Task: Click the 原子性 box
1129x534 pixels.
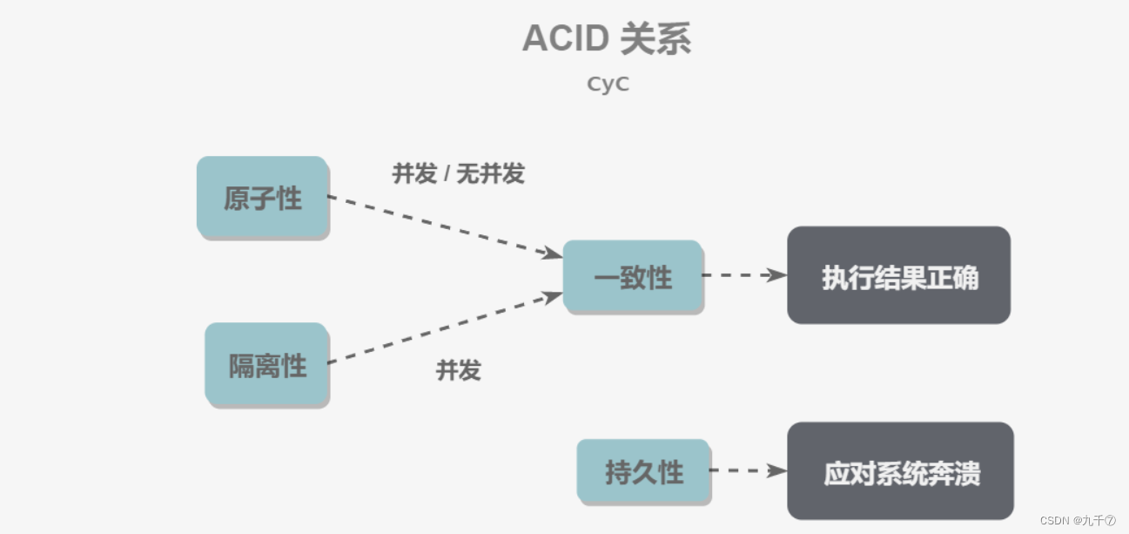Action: point(262,198)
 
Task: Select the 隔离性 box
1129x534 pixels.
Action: point(266,364)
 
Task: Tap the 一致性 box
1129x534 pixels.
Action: point(633,277)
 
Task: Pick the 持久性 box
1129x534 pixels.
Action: point(643,472)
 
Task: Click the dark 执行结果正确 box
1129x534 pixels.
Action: point(898,276)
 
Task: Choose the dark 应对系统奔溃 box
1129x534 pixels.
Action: point(900,472)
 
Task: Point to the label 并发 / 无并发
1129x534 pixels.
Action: point(458,173)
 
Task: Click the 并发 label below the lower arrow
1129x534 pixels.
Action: point(458,370)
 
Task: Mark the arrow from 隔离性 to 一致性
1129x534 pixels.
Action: point(444,328)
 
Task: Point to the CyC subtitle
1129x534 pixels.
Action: point(608,84)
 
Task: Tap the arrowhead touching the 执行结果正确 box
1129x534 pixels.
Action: point(776,275)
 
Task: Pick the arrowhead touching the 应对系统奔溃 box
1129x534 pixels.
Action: point(776,470)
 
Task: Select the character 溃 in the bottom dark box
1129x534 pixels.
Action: point(967,473)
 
